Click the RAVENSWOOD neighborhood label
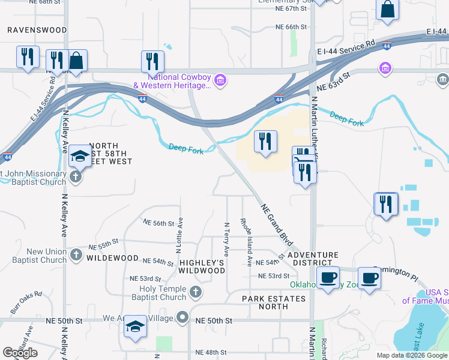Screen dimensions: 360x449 click(x=37, y=29)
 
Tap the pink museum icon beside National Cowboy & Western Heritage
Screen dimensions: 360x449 click(x=220, y=80)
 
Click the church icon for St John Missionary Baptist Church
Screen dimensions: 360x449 click(x=75, y=177)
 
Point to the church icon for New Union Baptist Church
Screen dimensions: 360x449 click(x=76, y=256)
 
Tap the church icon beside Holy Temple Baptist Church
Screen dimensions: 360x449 click(x=195, y=292)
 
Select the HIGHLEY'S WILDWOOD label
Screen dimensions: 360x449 click(x=202, y=266)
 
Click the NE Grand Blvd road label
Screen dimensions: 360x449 click(x=277, y=224)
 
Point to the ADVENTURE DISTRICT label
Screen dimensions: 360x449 click(x=309, y=259)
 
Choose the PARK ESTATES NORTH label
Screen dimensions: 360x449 click(x=274, y=302)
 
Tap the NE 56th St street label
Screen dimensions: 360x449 click(x=158, y=223)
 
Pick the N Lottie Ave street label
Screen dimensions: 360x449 click(x=179, y=235)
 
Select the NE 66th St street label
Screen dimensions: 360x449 click(x=291, y=27)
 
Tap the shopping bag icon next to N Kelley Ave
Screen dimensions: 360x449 click(x=77, y=61)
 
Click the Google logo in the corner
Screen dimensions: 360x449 click(x=20, y=353)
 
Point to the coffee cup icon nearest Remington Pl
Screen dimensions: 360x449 click(x=370, y=278)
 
